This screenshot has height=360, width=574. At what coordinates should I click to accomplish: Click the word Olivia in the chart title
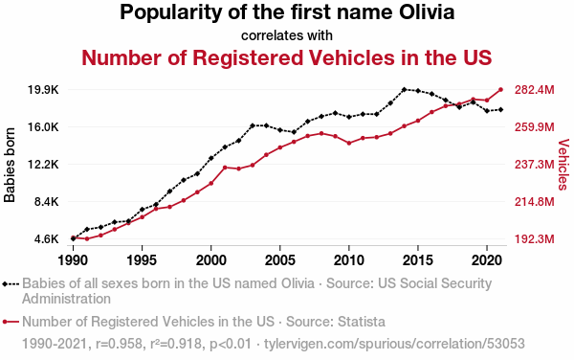[427, 12]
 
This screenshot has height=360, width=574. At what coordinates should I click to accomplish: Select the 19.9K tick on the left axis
[43, 90]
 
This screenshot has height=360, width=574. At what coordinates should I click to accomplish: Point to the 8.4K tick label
[46, 202]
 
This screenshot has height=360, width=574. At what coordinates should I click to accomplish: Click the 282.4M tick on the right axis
[535, 90]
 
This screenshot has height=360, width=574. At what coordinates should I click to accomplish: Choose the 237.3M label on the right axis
[535, 165]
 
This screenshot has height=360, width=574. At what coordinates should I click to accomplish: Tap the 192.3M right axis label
[535, 239]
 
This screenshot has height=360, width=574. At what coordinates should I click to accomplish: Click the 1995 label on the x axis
[142, 260]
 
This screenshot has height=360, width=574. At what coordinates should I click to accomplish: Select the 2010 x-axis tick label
[349, 260]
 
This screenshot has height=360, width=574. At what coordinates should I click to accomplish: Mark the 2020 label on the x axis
[487, 260]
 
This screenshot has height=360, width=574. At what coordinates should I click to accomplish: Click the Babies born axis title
[10, 165]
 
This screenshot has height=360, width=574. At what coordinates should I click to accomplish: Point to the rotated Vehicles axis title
[563, 165]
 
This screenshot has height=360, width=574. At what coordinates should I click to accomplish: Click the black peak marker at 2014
[404, 89]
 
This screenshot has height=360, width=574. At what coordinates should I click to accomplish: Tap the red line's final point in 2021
[500, 89]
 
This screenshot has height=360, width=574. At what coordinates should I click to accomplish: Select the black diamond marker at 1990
[74, 238]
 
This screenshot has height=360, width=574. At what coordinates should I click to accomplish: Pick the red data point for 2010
[349, 144]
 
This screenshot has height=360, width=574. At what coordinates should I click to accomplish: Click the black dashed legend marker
[11, 283]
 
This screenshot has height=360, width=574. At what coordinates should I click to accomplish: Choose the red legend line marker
[11, 322]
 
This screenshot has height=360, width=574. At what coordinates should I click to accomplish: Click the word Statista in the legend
[362, 322]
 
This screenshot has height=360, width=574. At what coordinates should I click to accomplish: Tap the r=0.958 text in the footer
[119, 344]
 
